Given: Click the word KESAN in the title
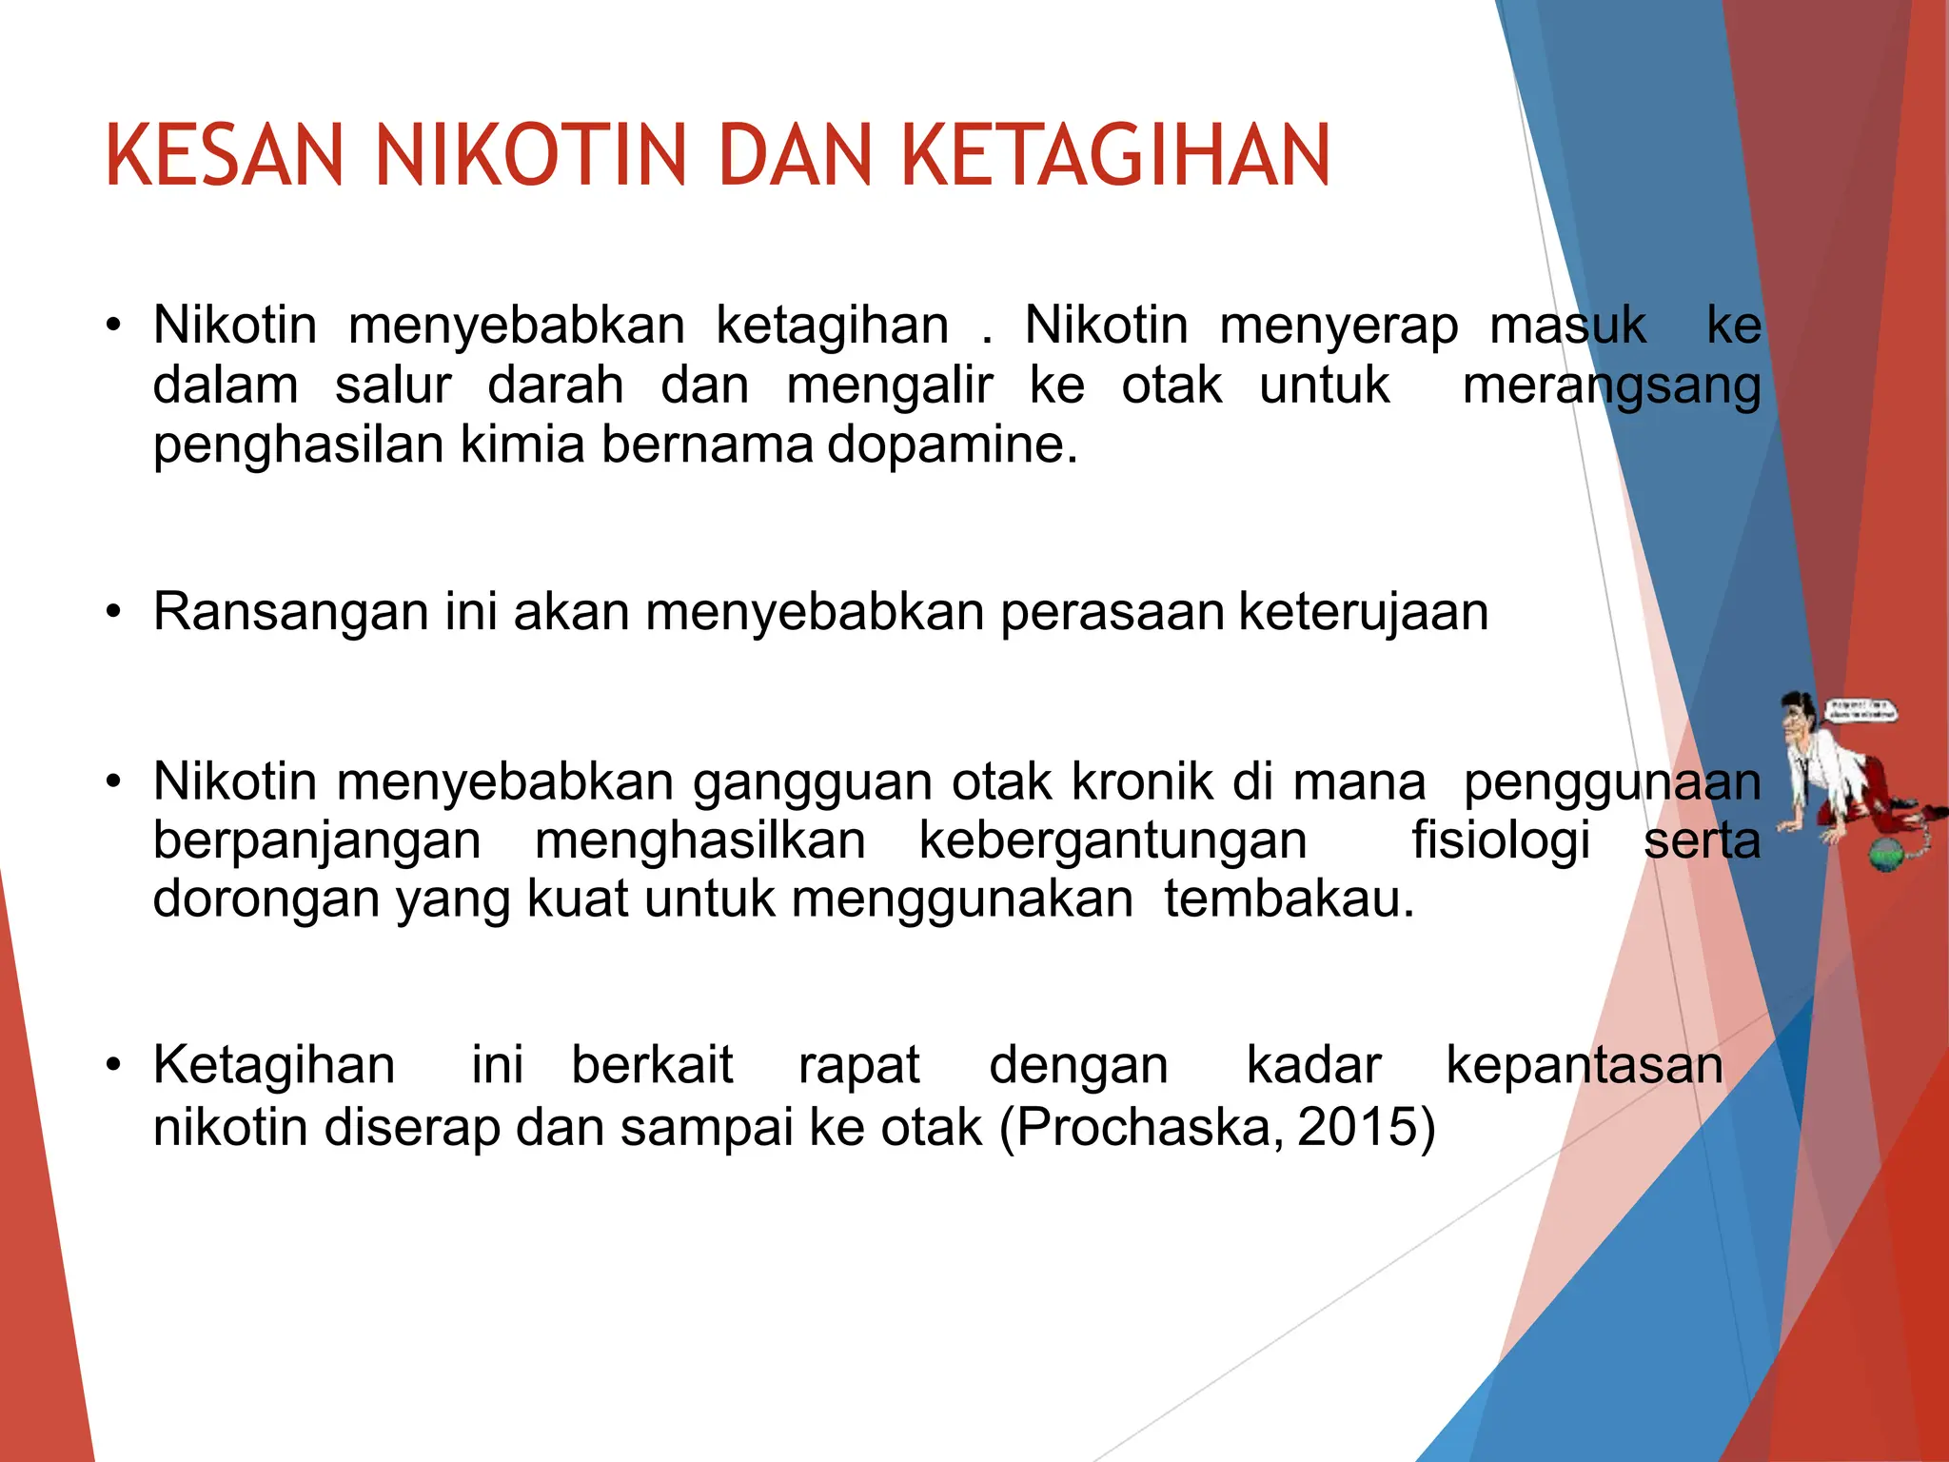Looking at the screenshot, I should click(x=225, y=155).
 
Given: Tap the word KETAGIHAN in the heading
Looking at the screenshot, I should click(x=1114, y=155).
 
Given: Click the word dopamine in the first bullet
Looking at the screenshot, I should click(x=953, y=445).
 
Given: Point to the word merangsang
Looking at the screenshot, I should click(x=1611, y=386).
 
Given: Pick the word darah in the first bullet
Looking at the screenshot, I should click(x=556, y=385).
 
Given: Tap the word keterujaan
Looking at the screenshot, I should click(x=1364, y=611).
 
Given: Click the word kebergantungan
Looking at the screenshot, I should click(x=1112, y=840).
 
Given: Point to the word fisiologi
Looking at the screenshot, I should click(x=1501, y=840).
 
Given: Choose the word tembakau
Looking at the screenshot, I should click(x=1289, y=899).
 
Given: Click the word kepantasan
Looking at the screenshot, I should click(x=1585, y=1064).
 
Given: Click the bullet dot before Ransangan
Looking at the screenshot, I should click(x=114, y=611).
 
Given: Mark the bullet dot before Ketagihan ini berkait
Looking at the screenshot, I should click(x=114, y=1064).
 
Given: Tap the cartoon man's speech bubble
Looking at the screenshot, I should click(x=1859, y=711).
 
